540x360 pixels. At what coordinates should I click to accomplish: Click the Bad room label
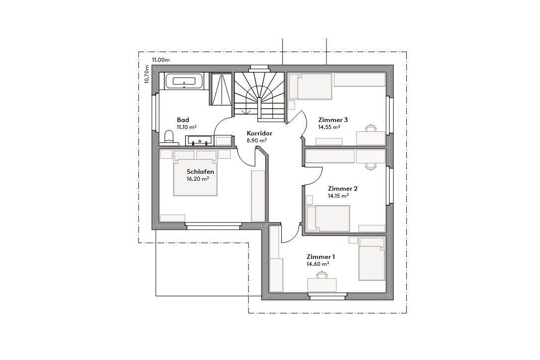click(183, 120)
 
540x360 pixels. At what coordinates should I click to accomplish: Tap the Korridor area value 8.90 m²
click(257, 140)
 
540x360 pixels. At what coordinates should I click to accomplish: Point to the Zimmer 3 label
click(332, 120)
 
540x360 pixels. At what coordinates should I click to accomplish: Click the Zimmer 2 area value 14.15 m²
click(338, 196)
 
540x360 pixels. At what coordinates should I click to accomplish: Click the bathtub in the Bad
click(184, 81)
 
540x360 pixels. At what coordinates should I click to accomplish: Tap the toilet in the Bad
click(169, 137)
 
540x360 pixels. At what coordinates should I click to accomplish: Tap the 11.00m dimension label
click(161, 60)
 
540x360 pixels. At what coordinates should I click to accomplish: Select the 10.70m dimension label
click(147, 74)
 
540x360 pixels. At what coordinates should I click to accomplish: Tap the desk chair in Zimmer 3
click(370, 128)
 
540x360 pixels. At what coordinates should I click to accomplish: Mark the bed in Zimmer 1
click(371, 262)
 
